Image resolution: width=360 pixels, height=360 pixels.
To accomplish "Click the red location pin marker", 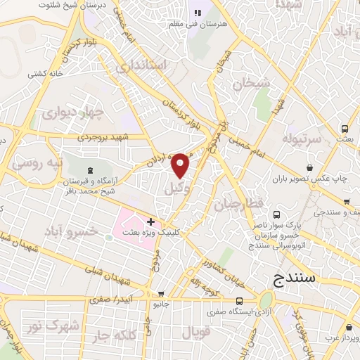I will pos(181,165).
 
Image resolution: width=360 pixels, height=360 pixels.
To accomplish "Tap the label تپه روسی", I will pos(38,164).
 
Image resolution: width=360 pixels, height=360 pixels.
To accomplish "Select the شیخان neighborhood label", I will pos(253,84).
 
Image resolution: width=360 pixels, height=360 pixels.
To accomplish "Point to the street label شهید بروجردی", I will pos(103,137).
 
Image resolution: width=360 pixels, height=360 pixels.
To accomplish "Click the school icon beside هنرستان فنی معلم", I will pos(198,12).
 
